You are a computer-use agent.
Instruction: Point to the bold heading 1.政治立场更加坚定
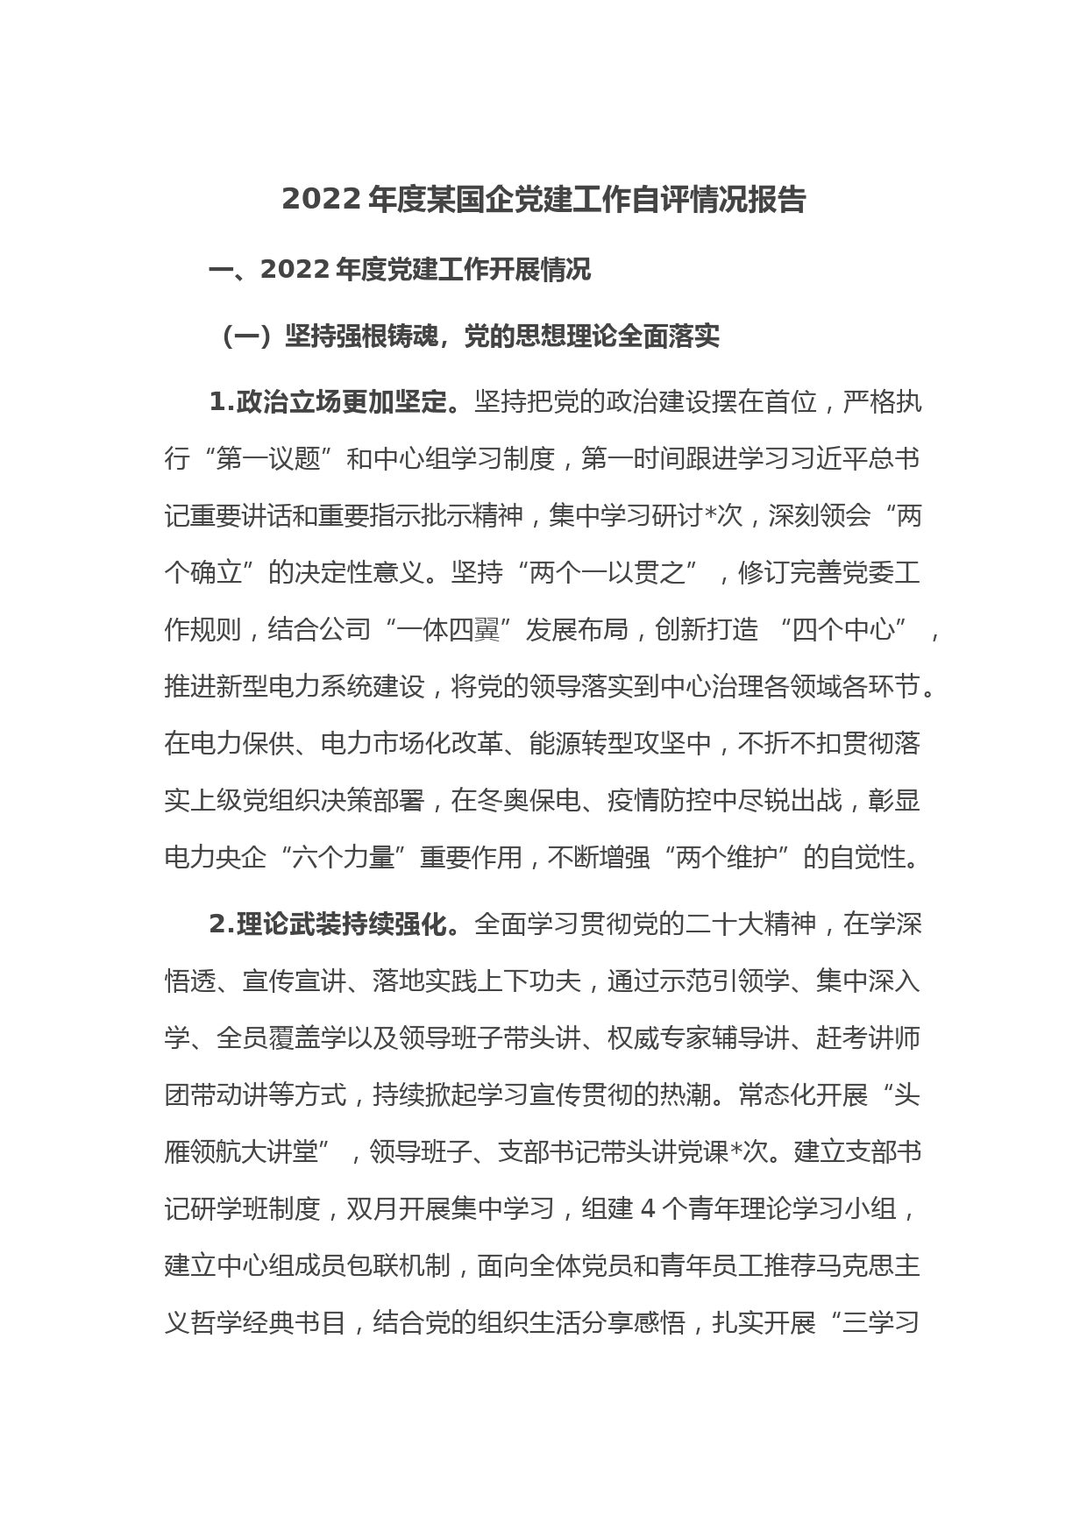332,402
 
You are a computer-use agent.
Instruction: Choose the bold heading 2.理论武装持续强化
332,924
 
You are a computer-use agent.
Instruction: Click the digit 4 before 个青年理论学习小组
649,1209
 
